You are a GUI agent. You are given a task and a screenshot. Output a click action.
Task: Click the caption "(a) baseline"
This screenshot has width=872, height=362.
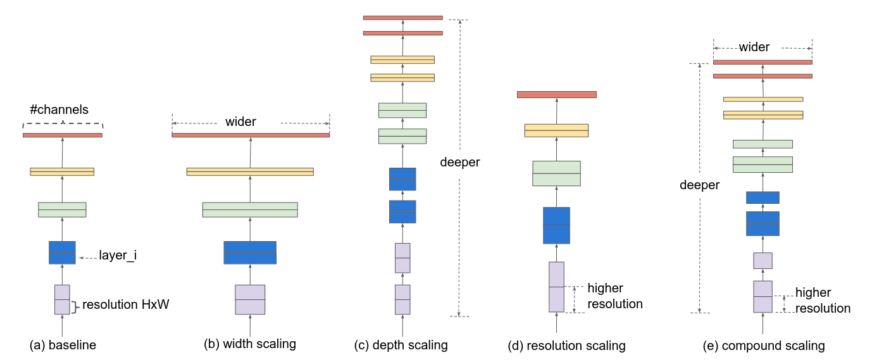click(63, 346)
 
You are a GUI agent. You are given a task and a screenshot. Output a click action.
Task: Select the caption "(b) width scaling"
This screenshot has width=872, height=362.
click(250, 344)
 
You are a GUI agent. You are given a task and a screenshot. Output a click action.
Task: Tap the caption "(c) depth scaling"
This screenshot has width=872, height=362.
click(401, 346)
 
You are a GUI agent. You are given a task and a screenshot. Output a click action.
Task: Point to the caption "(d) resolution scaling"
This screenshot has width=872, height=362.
click(566, 346)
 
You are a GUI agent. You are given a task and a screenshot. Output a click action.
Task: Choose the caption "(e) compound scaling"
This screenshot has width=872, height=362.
click(764, 346)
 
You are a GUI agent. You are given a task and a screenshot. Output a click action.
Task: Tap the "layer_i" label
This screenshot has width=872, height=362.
click(118, 256)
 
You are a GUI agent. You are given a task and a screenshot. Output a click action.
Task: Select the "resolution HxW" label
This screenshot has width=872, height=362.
click(127, 304)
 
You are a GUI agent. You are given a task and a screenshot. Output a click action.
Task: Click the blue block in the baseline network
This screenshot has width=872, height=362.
click(62, 253)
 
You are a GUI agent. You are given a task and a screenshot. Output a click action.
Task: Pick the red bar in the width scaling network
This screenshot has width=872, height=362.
click(251, 135)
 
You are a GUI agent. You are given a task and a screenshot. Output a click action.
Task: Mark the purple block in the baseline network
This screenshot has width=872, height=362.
click(62, 299)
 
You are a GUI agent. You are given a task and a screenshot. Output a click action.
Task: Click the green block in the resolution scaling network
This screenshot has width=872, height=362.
click(556, 173)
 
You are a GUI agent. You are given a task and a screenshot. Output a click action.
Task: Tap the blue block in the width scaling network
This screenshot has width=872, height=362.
click(250, 253)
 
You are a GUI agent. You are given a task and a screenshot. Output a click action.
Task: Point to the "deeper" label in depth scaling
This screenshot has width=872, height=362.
click(460, 163)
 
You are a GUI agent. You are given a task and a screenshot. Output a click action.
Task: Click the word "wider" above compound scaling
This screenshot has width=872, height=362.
click(754, 47)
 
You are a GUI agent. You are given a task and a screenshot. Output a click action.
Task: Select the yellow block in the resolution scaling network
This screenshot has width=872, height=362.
click(556, 130)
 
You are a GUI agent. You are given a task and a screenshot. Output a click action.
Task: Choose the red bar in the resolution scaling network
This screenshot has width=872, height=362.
click(556, 94)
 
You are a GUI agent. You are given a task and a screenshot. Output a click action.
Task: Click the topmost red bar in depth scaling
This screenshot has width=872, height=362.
click(402, 18)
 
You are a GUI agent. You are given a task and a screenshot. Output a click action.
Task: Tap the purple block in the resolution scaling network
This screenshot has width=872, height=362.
click(556, 287)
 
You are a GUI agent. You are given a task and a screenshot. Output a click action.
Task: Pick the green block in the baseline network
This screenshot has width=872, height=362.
click(62, 209)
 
